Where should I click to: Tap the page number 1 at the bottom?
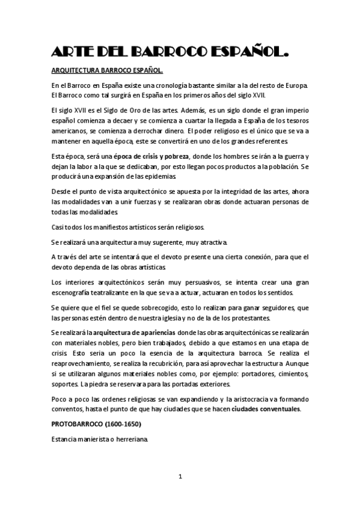[180, 476]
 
